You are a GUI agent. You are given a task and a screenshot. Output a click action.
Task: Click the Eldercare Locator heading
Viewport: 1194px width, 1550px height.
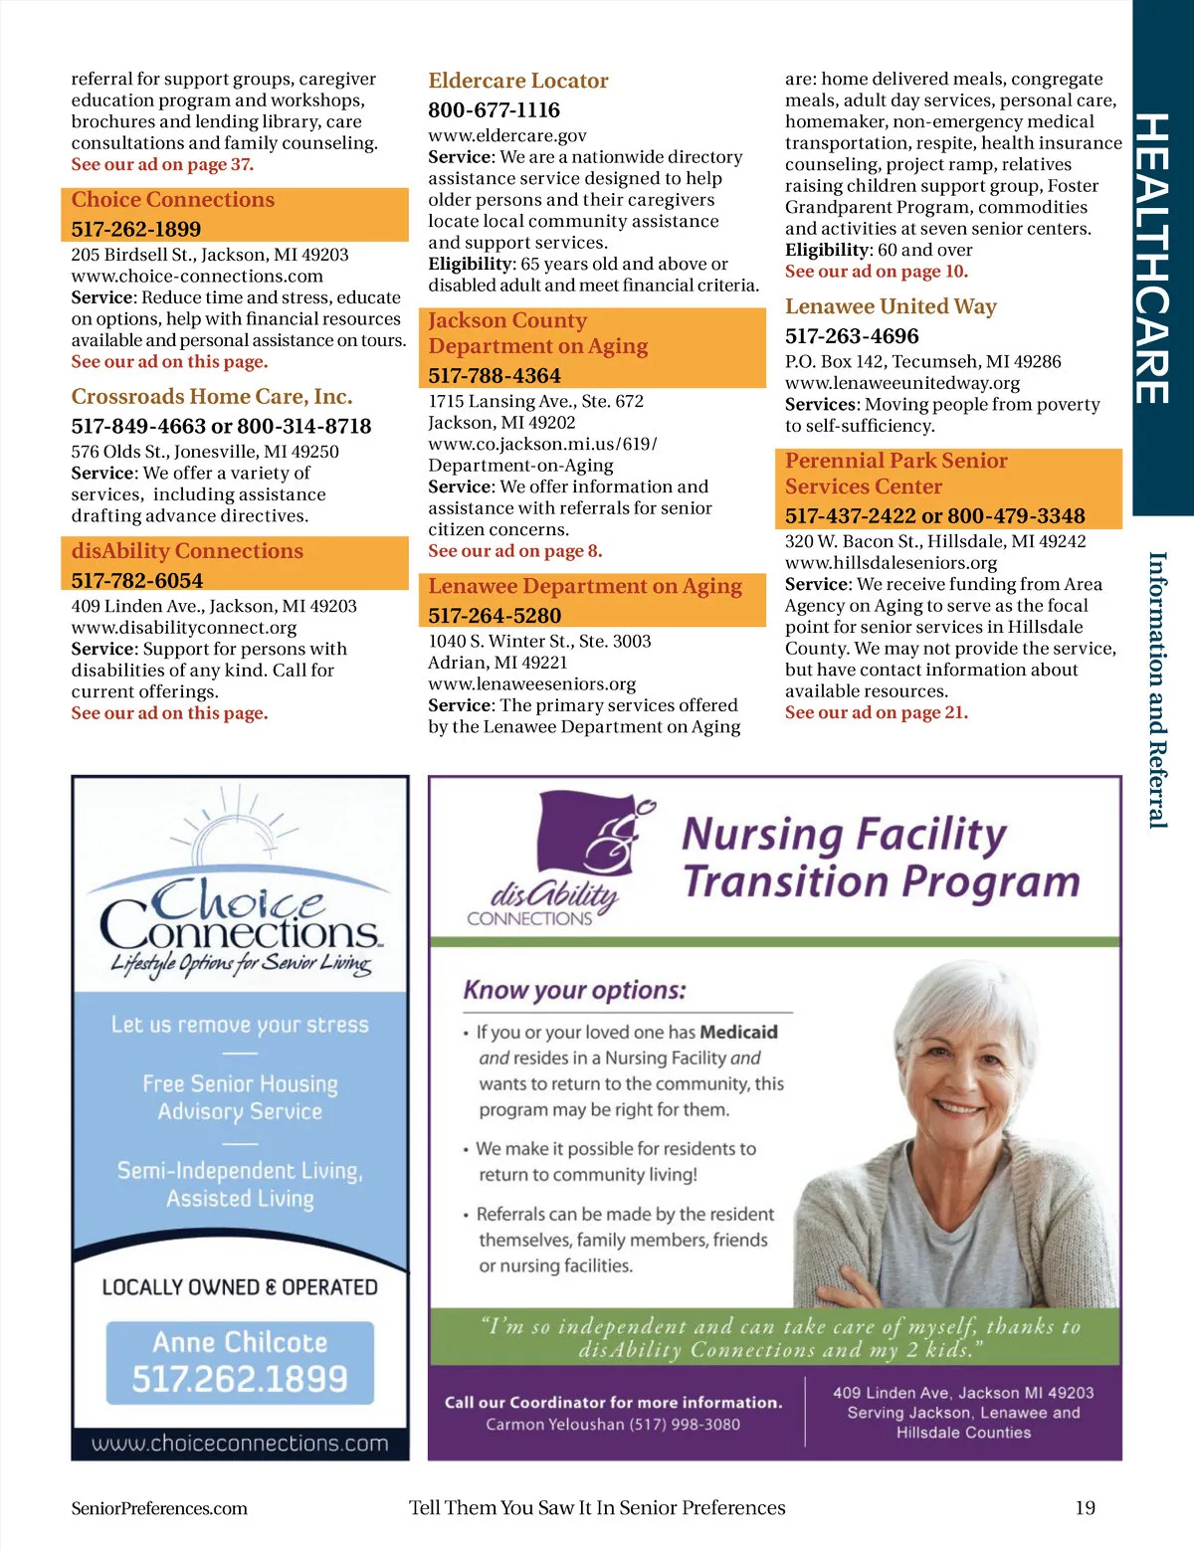click(x=517, y=81)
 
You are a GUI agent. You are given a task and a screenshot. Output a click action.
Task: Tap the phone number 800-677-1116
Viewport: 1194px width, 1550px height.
click(x=494, y=109)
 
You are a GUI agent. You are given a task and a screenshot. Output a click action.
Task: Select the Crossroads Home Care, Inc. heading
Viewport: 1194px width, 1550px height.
click(x=212, y=397)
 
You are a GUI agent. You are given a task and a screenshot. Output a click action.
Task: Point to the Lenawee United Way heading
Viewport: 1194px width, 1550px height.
click(x=891, y=306)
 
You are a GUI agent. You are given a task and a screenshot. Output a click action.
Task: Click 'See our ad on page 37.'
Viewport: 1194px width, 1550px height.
click(x=162, y=164)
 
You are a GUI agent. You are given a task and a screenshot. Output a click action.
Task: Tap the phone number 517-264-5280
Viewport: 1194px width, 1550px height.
click(x=495, y=616)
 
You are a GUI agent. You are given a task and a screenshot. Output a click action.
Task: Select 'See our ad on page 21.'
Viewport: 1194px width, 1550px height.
click(x=876, y=712)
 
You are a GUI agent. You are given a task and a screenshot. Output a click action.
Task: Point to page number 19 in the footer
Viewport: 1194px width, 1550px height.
click(x=1085, y=1507)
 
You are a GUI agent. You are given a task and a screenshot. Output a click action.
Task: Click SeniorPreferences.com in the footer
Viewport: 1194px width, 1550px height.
click(x=159, y=1508)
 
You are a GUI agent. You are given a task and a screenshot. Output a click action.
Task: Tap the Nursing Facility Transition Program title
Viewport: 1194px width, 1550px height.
click(x=881, y=858)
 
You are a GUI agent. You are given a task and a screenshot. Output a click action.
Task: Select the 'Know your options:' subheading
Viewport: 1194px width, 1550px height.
click(x=574, y=990)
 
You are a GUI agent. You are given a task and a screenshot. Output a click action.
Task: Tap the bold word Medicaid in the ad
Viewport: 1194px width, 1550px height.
click(x=738, y=1032)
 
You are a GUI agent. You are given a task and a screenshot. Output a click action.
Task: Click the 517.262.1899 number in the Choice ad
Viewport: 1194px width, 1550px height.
click(x=240, y=1379)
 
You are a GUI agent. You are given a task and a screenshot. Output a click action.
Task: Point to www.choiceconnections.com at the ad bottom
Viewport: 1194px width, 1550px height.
click(x=240, y=1444)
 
